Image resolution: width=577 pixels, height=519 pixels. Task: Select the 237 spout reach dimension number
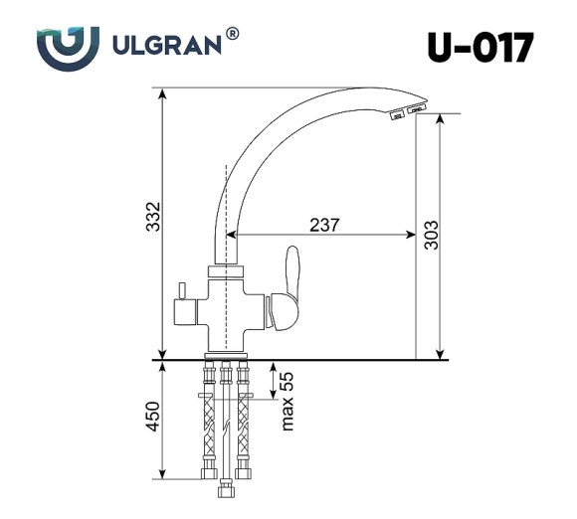click(324, 225)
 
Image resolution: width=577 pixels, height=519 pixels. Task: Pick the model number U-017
click(481, 46)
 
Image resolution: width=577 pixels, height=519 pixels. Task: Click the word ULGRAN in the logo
click(168, 45)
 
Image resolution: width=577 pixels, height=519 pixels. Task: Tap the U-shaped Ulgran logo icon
click(68, 45)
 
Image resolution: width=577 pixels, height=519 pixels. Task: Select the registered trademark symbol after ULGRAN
click(232, 34)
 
